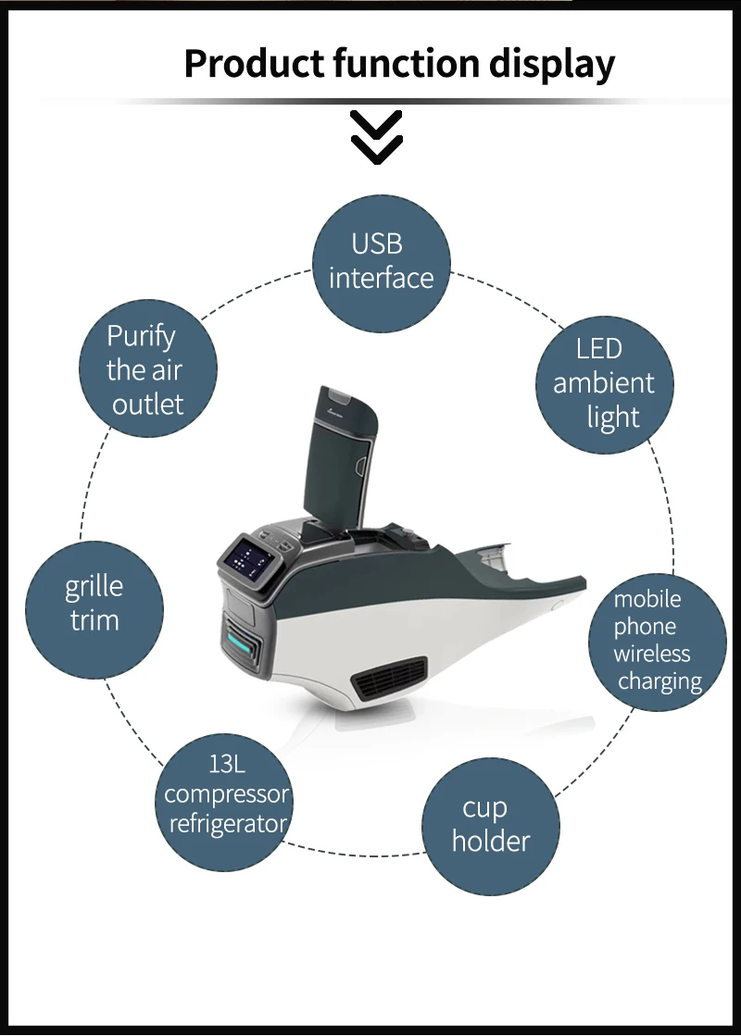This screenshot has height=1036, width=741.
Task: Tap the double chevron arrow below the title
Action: pyautogui.click(x=376, y=136)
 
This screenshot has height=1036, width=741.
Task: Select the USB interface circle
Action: pyautogui.click(x=381, y=262)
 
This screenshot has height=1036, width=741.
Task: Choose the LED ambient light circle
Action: pyautogui.click(x=605, y=383)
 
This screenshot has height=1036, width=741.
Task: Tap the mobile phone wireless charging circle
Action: pyautogui.click(x=658, y=641)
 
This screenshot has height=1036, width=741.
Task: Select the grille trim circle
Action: pyautogui.click(x=94, y=604)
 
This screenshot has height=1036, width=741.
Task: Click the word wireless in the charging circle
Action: pyautogui.click(x=652, y=654)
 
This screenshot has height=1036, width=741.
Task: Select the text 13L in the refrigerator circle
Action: pyautogui.click(x=227, y=765)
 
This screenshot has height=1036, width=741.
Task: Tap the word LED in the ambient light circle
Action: pyautogui.click(x=599, y=349)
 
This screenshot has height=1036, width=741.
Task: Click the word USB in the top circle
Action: pyautogui.click(x=377, y=243)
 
